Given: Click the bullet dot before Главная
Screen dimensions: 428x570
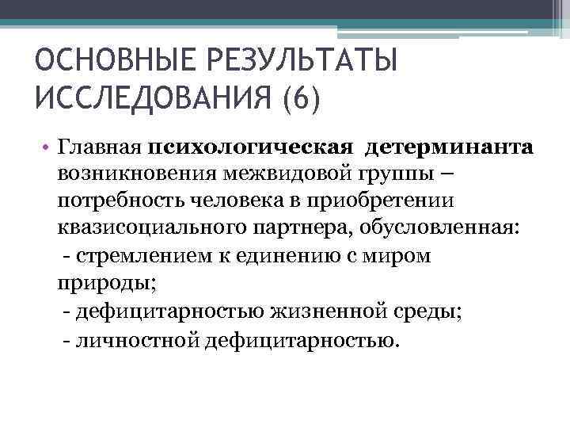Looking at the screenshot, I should (x=47, y=147).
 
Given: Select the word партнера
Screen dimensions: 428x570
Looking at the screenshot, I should (x=308, y=228).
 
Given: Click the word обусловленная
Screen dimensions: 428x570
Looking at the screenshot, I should (x=439, y=228).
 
